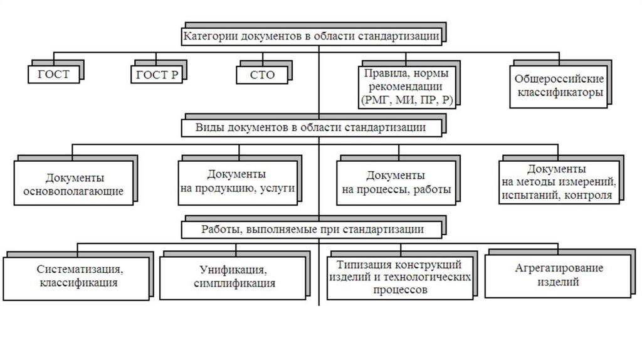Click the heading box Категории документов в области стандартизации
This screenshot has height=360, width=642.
click(x=311, y=36)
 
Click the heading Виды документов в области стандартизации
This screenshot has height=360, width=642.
click(x=311, y=127)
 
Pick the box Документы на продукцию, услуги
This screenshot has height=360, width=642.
click(x=236, y=181)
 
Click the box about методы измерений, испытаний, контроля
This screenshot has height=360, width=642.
click(x=557, y=181)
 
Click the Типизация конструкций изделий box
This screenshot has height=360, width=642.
click(x=399, y=277)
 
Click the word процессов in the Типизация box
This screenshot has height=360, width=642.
click(x=399, y=290)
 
